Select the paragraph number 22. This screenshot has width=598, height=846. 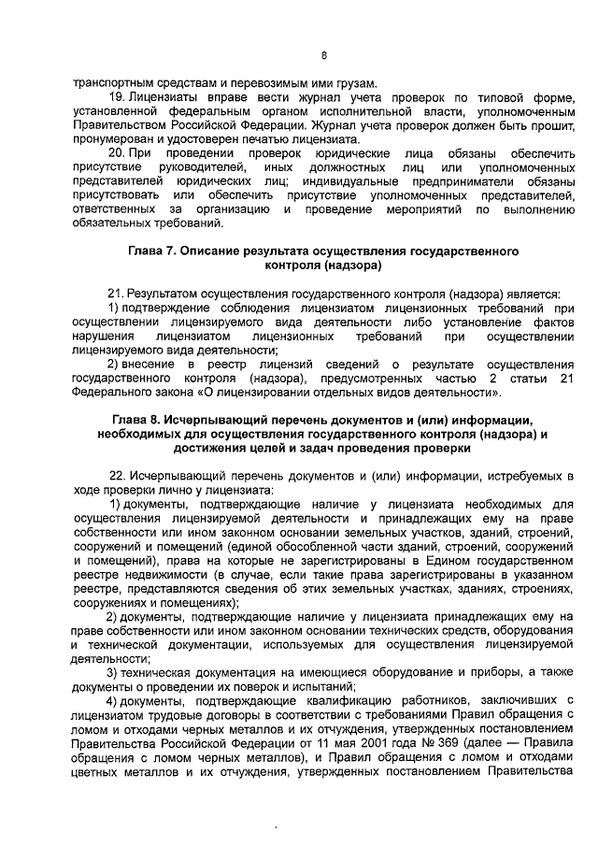tap(118, 476)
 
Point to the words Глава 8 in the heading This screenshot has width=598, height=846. tap(137, 420)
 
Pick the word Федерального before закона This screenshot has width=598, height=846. tap(112, 393)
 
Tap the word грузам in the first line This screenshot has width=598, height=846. tap(349, 81)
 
